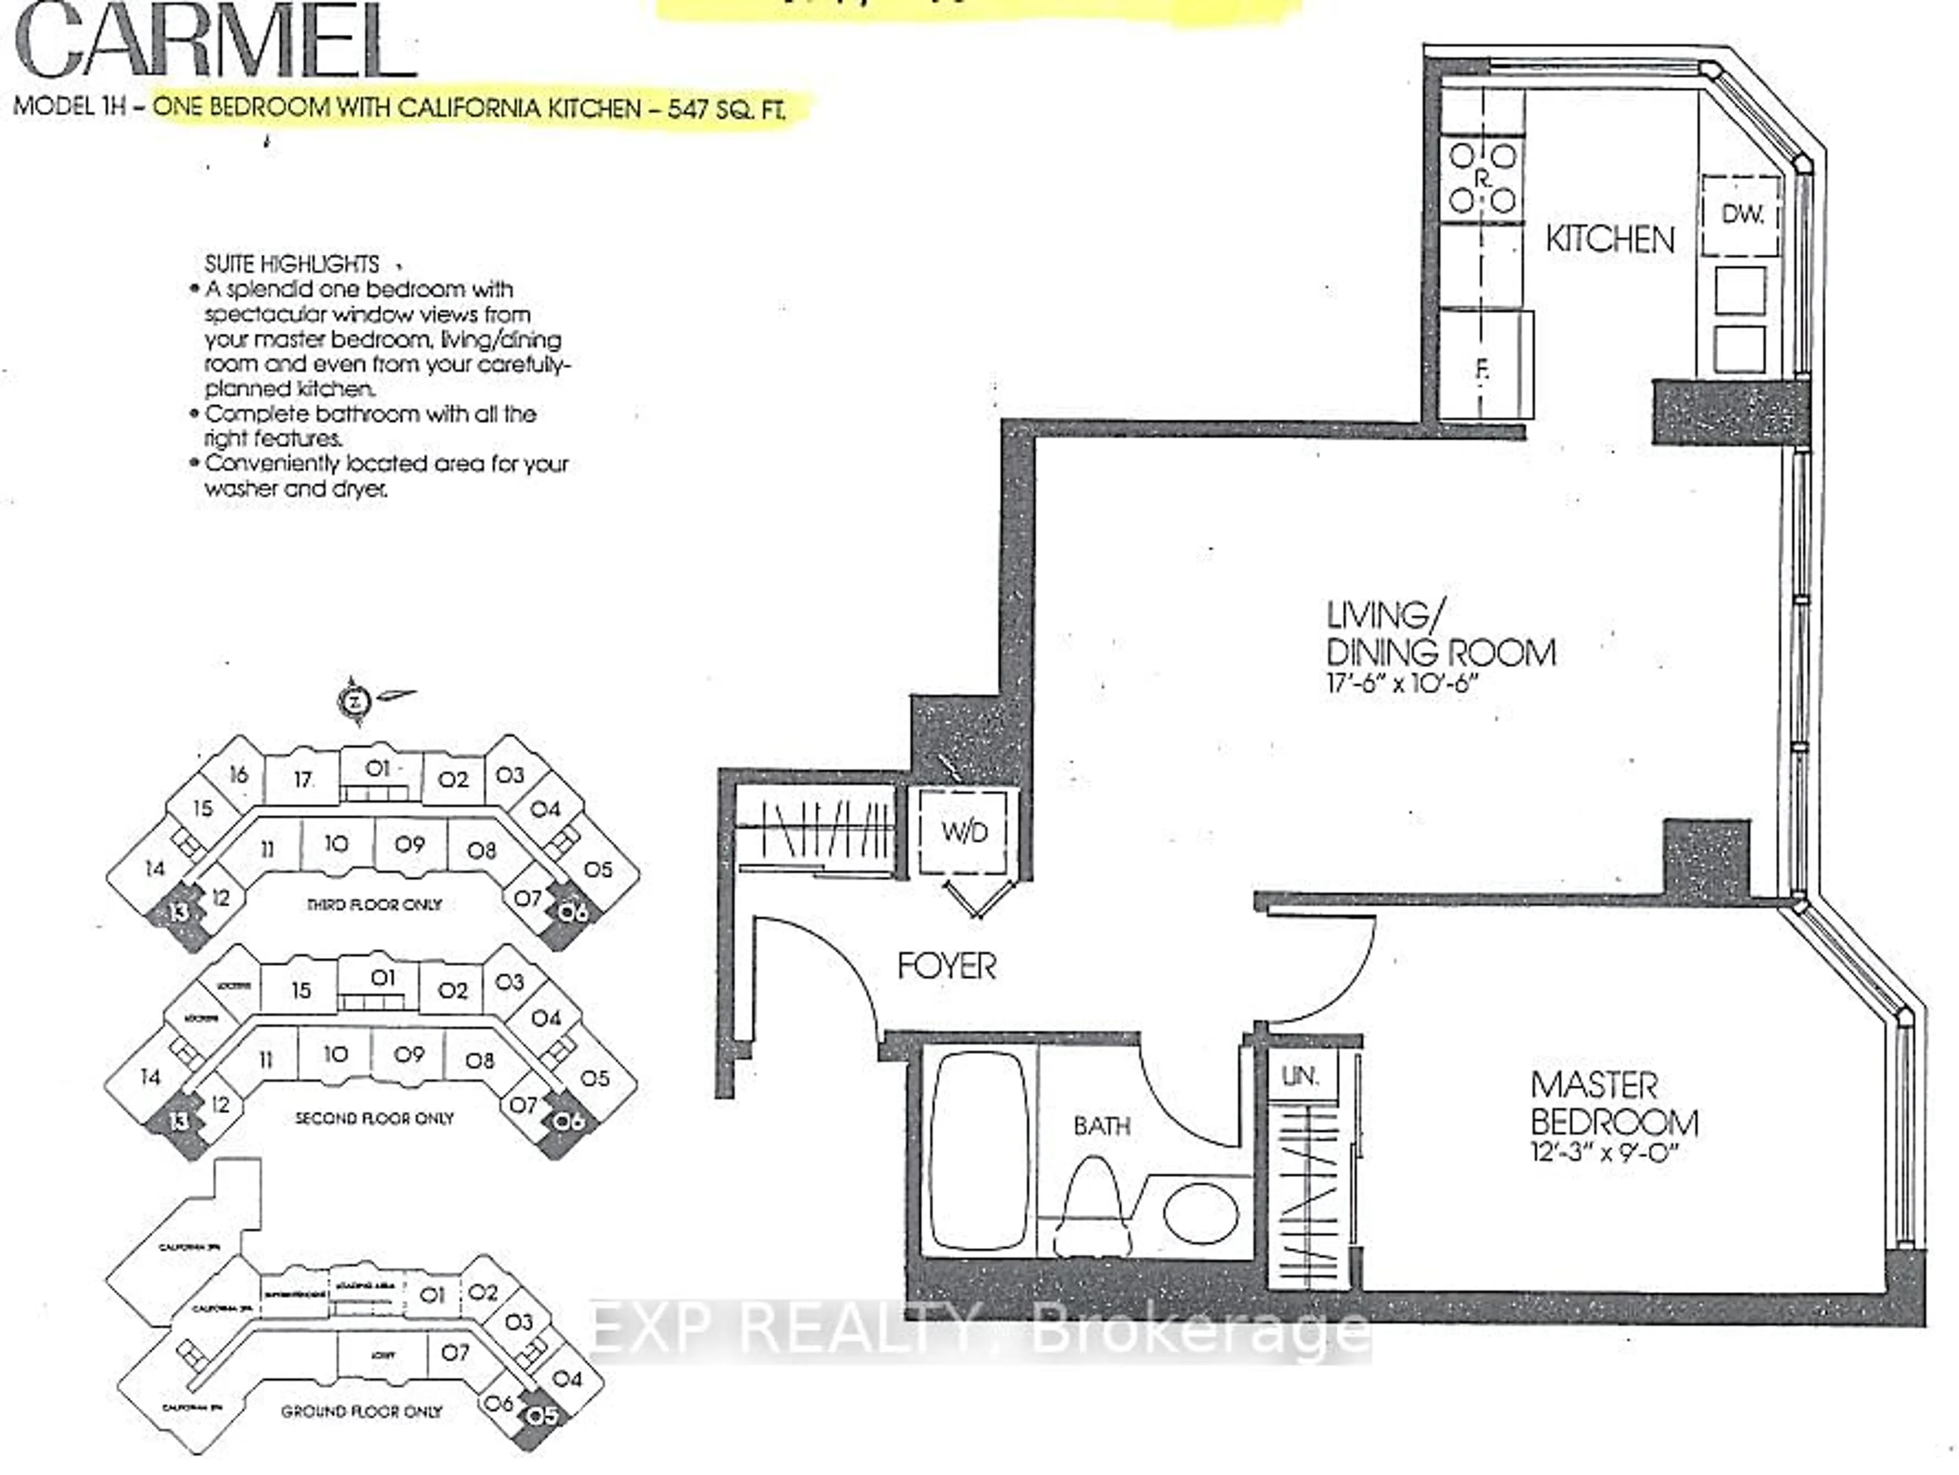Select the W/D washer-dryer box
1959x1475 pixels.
pos(964,831)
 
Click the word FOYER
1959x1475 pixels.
pos(946,966)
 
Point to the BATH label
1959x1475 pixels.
pos(1102,1126)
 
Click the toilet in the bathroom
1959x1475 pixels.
pos(1093,1208)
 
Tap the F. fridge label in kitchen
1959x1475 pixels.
pos(1481,371)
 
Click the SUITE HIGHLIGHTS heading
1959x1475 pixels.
pos(292,264)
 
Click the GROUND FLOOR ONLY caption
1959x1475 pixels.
pos(361,1411)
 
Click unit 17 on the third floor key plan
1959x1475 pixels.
pos(303,780)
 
